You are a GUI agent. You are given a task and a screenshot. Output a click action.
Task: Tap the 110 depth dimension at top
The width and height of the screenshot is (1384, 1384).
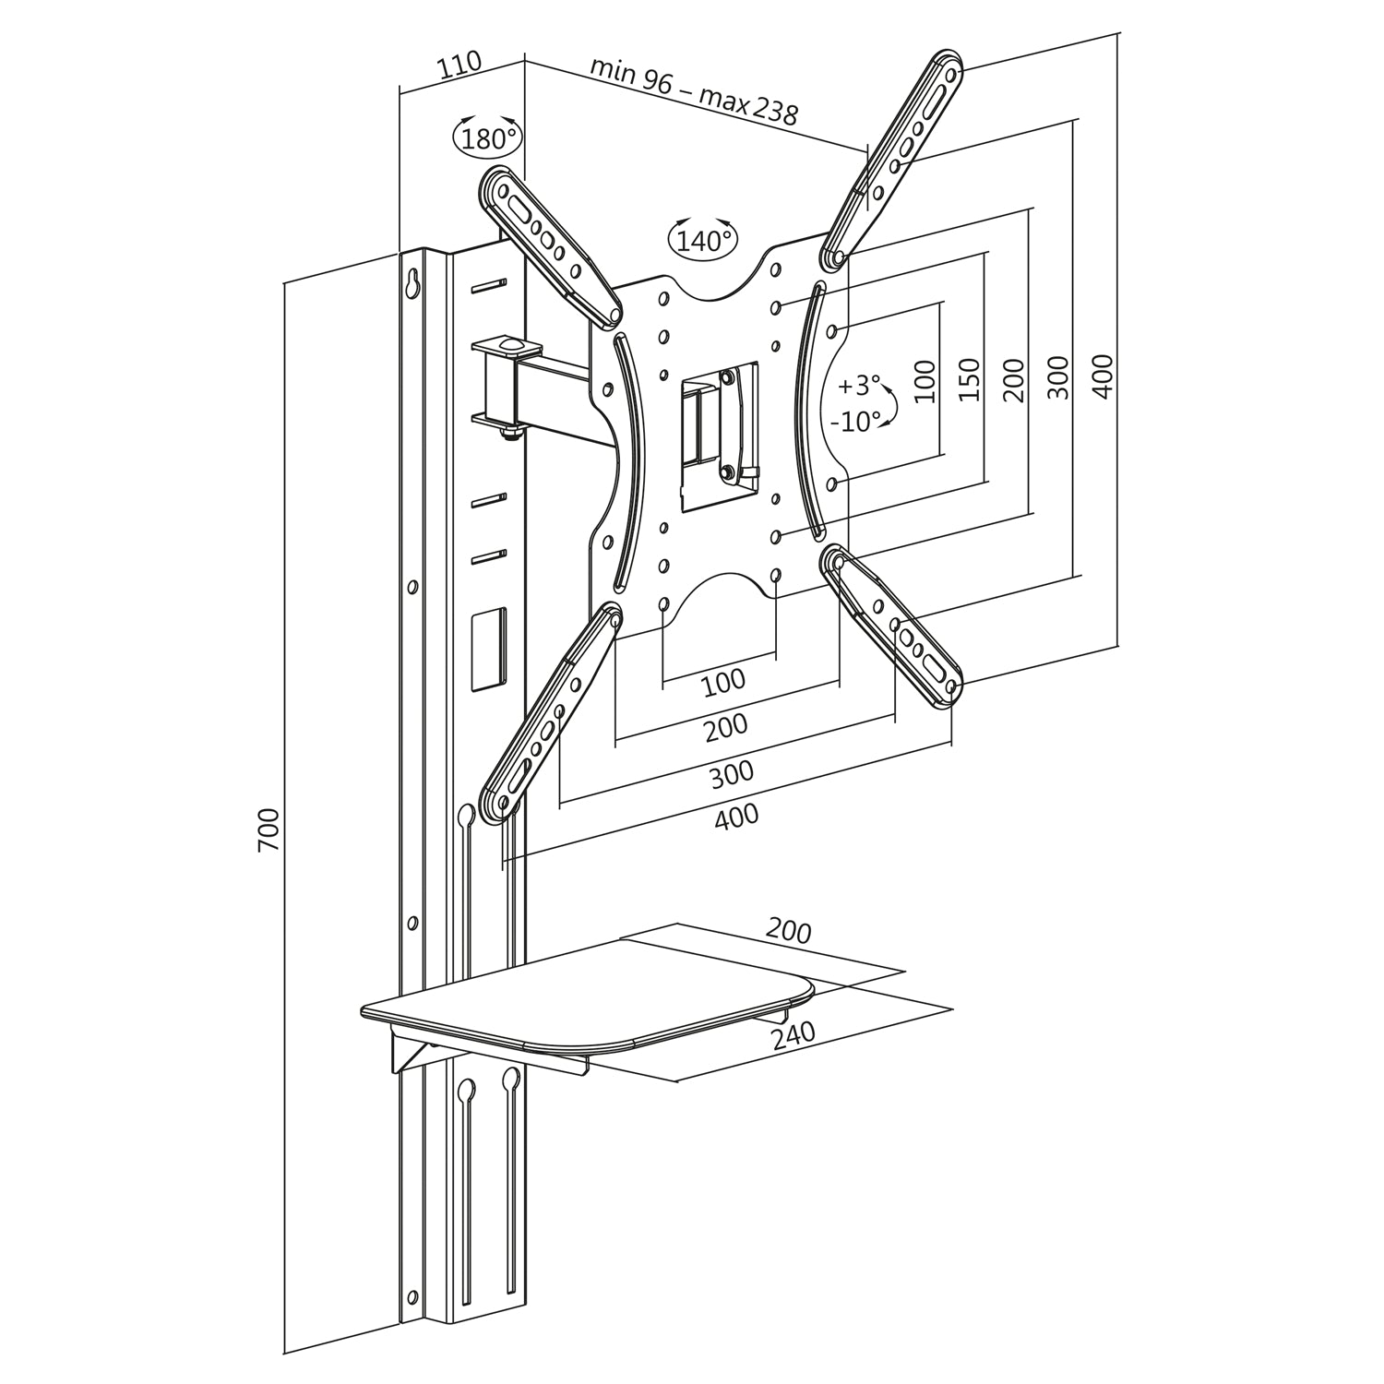click(459, 65)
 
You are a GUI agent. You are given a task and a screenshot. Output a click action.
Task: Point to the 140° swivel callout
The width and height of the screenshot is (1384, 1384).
click(703, 241)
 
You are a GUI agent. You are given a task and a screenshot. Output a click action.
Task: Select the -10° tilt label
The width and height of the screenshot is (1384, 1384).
click(856, 423)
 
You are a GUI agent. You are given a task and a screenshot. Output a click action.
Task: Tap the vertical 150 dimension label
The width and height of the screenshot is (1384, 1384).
click(969, 378)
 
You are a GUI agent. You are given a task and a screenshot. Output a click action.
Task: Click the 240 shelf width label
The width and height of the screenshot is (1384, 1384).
click(793, 1034)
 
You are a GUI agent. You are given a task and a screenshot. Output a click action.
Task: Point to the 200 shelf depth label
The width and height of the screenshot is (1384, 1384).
click(788, 932)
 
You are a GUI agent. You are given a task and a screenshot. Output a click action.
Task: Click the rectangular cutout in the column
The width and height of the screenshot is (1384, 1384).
click(489, 649)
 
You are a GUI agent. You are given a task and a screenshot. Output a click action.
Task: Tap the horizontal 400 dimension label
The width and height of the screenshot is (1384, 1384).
click(736, 817)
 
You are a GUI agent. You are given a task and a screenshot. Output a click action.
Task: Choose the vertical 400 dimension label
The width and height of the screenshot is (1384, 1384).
click(1104, 376)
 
